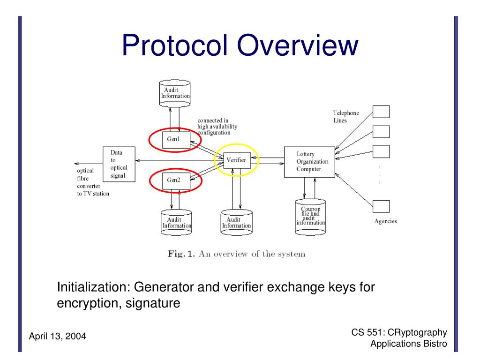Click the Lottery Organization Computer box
(x=309, y=162)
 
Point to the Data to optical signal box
(x=119, y=165)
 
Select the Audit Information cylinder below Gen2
(x=176, y=222)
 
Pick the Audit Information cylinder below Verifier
(x=236, y=222)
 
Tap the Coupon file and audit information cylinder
(x=310, y=216)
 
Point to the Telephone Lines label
(x=346, y=117)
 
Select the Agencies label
(x=385, y=221)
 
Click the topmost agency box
(x=381, y=112)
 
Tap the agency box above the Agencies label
(x=381, y=206)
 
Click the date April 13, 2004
(x=57, y=336)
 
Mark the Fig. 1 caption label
(x=181, y=254)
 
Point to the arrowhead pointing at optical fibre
(x=76, y=164)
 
